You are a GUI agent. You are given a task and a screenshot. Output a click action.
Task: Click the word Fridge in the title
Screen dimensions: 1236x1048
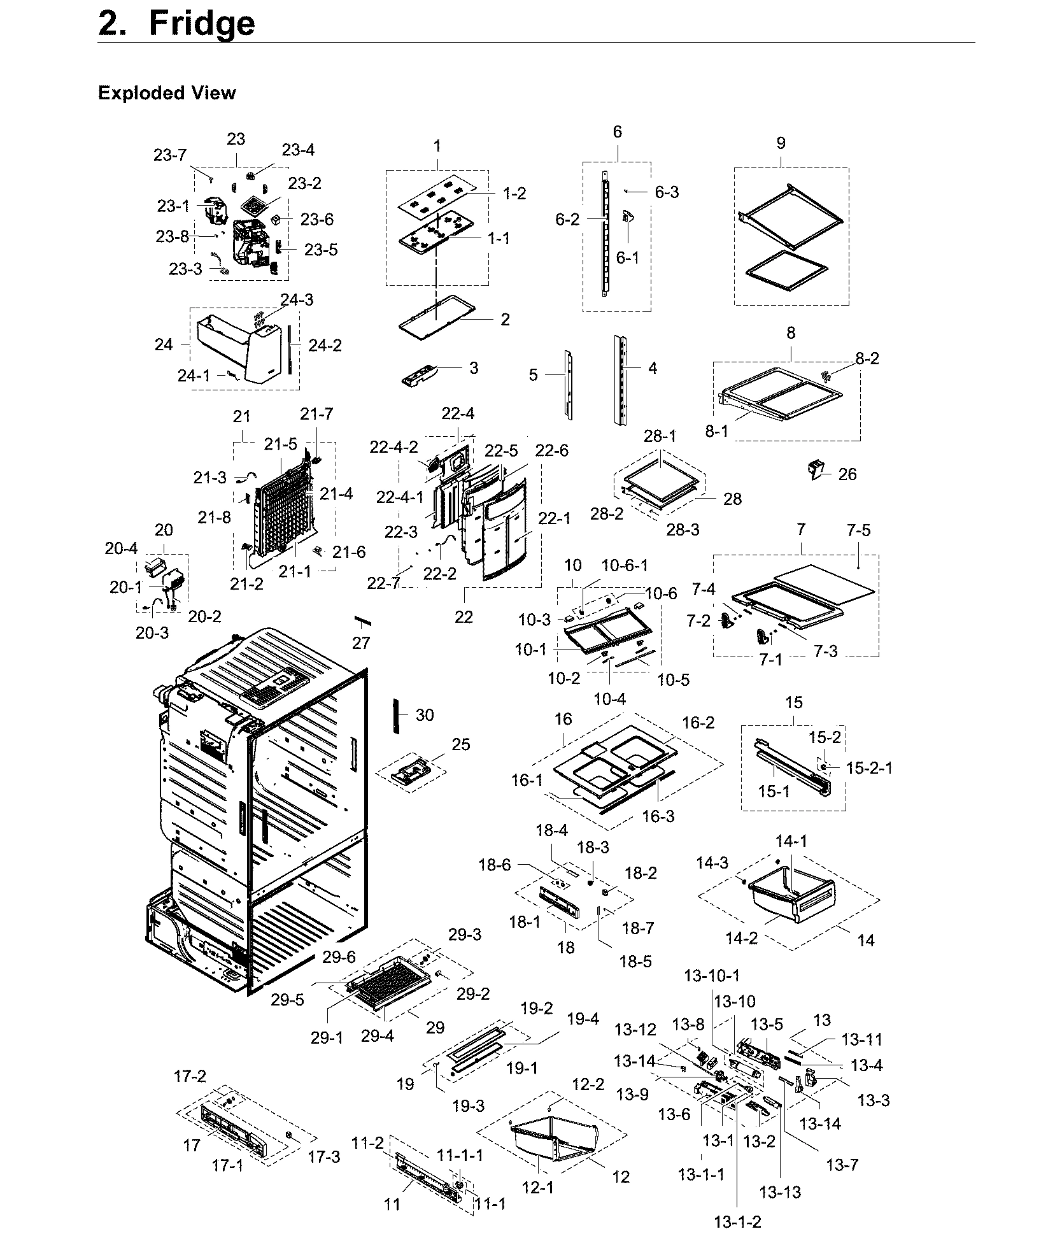pyautogui.click(x=201, y=24)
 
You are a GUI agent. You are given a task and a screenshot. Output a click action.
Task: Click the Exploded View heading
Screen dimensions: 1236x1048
pyautogui.click(x=167, y=93)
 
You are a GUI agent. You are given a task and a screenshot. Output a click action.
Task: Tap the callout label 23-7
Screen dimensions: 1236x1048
pyautogui.click(x=170, y=155)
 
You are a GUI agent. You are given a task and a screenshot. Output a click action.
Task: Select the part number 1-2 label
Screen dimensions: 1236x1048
pyautogui.click(x=514, y=194)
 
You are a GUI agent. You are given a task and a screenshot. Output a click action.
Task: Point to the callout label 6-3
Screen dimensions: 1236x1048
pyautogui.click(x=667, y=192)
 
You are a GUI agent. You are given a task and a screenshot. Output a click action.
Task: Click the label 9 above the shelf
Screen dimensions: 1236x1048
pyautogui.click(x=781, y=143)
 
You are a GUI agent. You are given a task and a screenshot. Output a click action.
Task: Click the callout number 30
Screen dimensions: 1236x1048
pyautogui.click(x=425, y=715)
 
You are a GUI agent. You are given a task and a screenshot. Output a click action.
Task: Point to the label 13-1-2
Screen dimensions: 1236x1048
pyautogui.click(x=737, y=1221)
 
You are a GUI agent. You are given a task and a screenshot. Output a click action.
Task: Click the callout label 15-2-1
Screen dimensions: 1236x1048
pyautogui.click(x=869, y=768)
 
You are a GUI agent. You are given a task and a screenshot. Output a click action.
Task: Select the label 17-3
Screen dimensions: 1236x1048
pyautogui.click(x=324, y=1157)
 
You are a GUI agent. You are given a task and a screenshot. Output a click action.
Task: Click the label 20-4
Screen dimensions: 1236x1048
pyautogui.click(x=121, y=548)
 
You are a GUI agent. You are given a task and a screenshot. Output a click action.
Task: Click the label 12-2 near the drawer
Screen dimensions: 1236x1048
pyautogui.click(x=588, y=1084)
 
